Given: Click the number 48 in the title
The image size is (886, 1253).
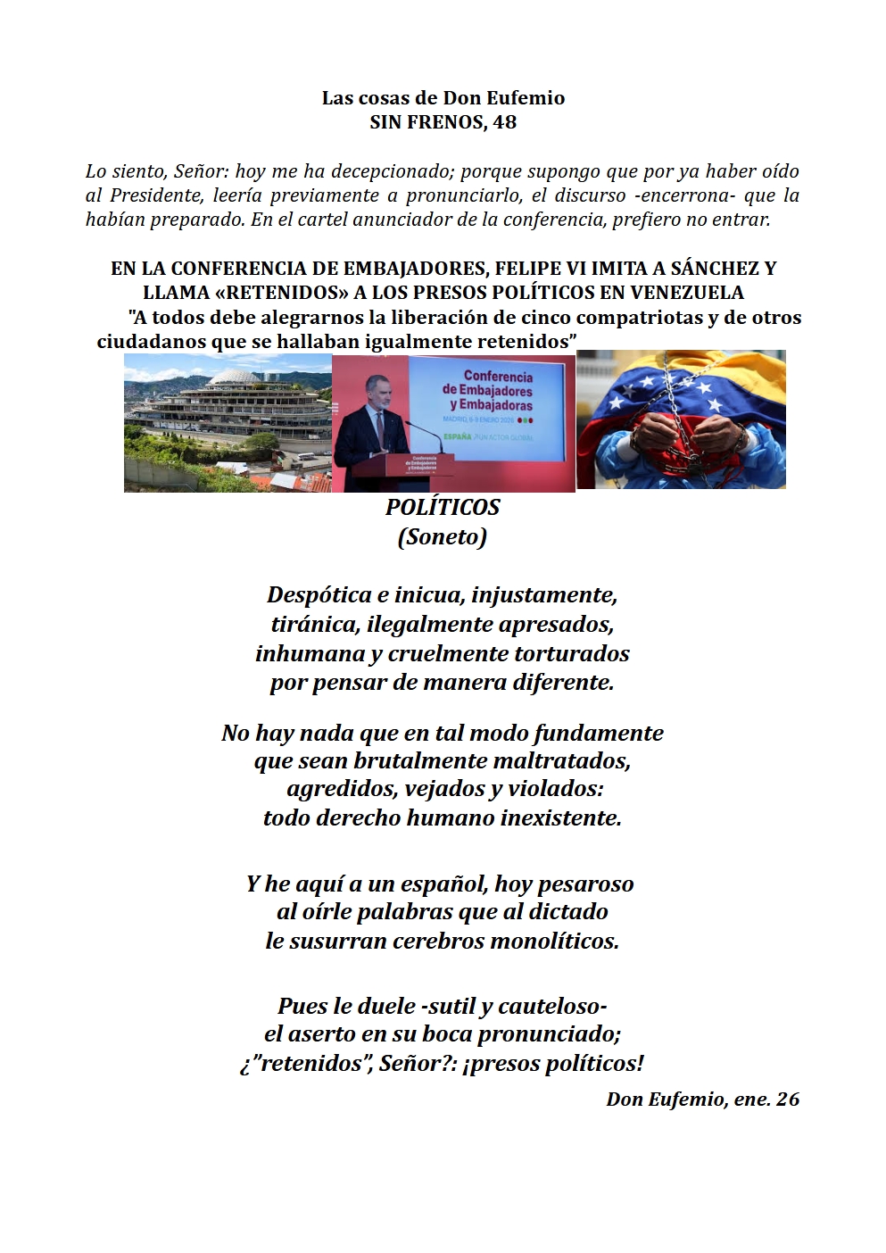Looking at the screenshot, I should (x=504, y=121).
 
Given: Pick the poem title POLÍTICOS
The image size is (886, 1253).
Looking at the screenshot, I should (x=443, y=507).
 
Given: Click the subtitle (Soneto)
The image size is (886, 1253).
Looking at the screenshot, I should (x=443, y=536).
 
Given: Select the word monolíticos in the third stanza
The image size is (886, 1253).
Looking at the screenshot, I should (x=554, y=941).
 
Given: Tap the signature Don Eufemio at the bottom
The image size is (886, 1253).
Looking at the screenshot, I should (x=666, y=1099).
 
